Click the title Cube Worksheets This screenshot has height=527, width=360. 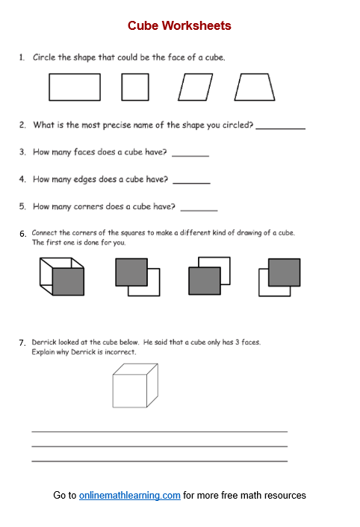point(179,25)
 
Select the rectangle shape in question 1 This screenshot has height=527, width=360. point(74,87)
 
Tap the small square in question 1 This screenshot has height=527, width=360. point(135,87)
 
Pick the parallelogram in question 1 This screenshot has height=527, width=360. point(196,87)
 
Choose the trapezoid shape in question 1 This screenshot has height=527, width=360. point(255,87)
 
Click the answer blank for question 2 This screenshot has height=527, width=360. point(280,128)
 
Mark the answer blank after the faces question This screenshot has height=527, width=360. point(190,155)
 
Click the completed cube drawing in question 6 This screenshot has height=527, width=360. point(62,275)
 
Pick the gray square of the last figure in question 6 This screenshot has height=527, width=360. point(284,272)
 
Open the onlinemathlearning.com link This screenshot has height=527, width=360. point(130,495)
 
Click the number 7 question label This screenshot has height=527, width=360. point(22,343)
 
